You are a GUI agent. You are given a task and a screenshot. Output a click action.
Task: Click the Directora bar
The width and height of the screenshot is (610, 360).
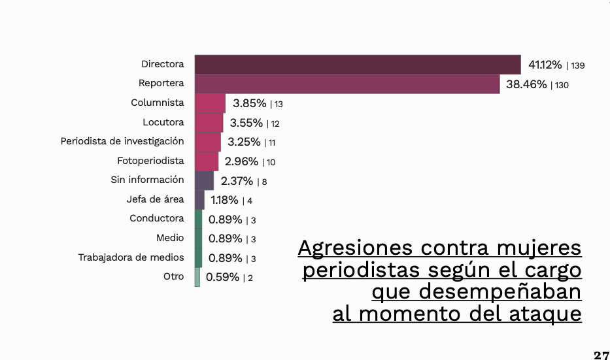pyautogui.click(x=358, y=64)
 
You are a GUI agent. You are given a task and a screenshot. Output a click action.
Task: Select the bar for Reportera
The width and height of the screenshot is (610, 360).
pyautogui.click(x=347, y=84)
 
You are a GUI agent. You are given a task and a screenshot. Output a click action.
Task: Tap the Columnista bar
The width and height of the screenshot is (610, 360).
pyautogui.click(x=210, y=103)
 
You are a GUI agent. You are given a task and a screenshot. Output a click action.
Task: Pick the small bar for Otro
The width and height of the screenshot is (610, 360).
pyautogui.click(x=197, y=277)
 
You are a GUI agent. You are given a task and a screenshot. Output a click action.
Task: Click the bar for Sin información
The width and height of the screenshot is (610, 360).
pyautogui.click(x=204, y=180)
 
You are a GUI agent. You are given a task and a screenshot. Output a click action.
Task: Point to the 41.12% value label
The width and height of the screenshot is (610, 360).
pyautogui.click(x=545, y=65)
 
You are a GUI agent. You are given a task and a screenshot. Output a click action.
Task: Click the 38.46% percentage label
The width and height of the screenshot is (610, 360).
pyautogui.click(x=526, y=84)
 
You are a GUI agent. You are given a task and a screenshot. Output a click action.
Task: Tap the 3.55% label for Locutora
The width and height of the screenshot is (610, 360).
pyautogui.click(x=246, y=123)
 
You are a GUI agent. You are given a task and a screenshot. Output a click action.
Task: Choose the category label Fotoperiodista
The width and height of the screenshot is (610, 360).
pyautogui.click(x=150, y=161)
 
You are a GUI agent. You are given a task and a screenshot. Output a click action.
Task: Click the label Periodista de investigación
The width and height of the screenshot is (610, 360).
pyautogui.click(x=122, y=141)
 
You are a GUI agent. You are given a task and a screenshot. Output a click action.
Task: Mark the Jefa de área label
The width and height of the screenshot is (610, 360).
pyautogui.click(x=155, y=199)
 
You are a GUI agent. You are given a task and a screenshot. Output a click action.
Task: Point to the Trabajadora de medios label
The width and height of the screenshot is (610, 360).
pyautogui.click(x=131, y=257)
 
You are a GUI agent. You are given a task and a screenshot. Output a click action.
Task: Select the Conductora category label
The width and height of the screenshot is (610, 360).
pyautogui.click(x=156, y=219)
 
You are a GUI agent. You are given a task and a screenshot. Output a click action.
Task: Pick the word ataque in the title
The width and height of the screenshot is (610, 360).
pyautogui.click(x=544, y=314)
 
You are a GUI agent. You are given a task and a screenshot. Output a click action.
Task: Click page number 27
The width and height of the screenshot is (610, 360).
pyautogui.click(x=601, y=355)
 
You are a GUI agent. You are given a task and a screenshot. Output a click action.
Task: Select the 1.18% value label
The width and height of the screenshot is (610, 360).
pyautogui.click(x=224, y=200)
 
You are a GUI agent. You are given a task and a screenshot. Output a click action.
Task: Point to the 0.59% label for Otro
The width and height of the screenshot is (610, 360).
pyautogui.click(x=222, y=277)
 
